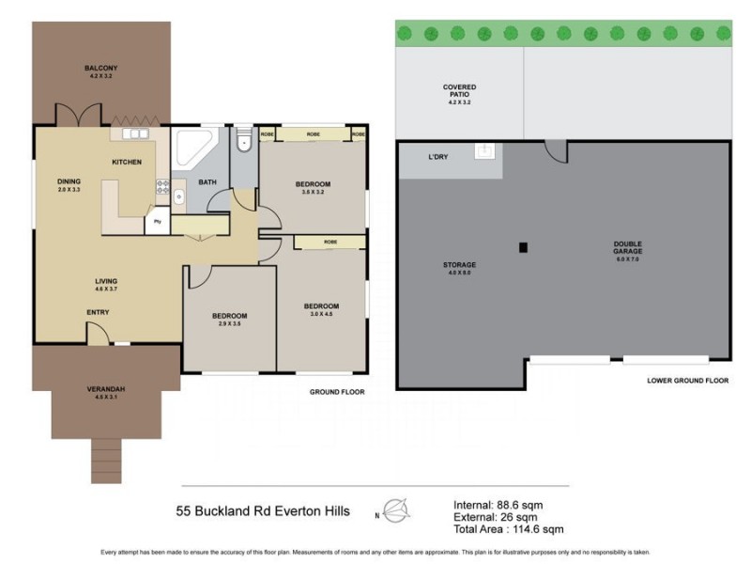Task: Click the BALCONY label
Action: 100,69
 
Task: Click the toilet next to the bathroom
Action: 242,142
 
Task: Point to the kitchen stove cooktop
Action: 161,185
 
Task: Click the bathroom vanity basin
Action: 178,196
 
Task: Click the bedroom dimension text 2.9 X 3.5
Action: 229,323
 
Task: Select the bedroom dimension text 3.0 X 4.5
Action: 321,315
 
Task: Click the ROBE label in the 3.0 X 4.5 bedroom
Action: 330,242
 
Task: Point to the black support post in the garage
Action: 524,248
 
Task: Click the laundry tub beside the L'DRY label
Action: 484,150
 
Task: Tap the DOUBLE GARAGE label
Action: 629,248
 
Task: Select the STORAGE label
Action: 459,265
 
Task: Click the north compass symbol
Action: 397,510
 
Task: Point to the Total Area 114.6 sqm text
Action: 508,530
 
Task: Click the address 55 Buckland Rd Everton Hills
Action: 263,511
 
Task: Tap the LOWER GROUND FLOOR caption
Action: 687,381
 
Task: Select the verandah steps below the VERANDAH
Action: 107,461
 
